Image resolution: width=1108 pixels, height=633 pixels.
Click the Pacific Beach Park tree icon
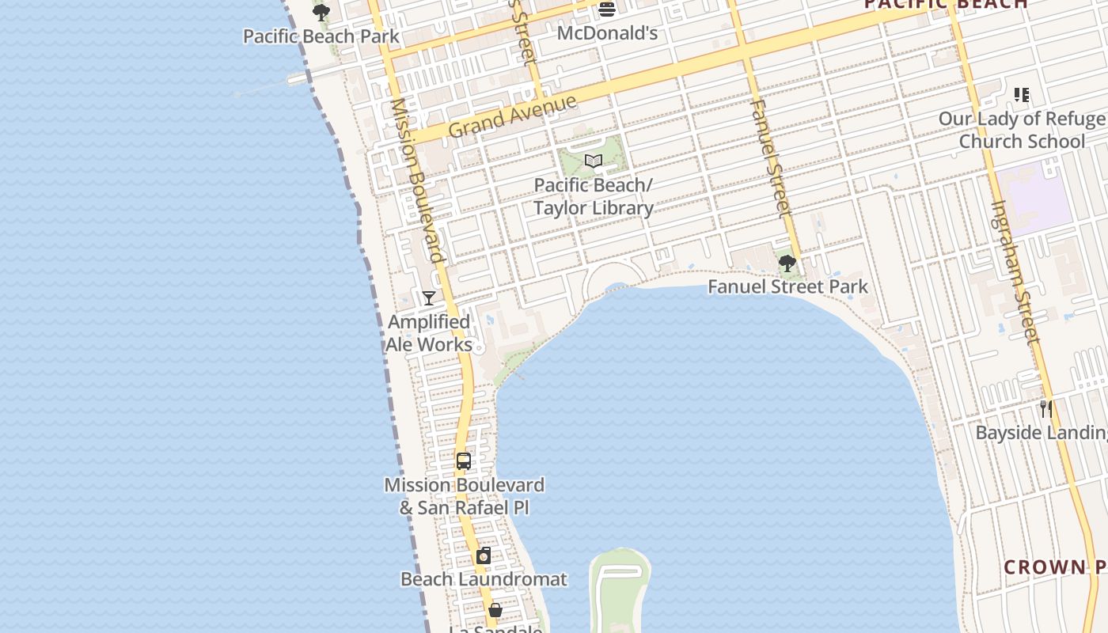(321, 13)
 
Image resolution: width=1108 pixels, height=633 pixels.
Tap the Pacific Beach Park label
(321, 36)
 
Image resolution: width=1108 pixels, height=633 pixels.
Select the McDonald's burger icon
(607, 9)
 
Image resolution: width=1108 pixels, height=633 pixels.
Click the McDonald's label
(607, 33)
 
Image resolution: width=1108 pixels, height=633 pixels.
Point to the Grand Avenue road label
(513, 116)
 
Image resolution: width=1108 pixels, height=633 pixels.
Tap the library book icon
(594, 161)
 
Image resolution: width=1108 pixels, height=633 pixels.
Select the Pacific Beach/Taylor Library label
(594, 196)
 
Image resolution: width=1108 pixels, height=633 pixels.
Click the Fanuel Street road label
(771, 158)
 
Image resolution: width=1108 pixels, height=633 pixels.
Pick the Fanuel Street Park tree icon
(787, 263)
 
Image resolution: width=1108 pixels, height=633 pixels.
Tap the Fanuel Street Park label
(788, 286)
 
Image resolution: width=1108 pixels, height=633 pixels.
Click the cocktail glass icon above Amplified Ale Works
(429, 298)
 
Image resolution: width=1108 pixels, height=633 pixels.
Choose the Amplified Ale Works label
(429, 333)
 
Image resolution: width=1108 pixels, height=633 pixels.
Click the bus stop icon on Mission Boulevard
(464, 461)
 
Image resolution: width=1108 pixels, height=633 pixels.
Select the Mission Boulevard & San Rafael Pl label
(465, 496)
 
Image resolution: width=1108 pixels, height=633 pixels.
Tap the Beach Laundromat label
(484, 579)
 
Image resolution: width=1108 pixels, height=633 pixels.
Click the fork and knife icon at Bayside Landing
(1046, 409)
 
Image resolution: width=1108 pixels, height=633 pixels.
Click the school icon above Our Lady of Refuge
(1022, 95)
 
